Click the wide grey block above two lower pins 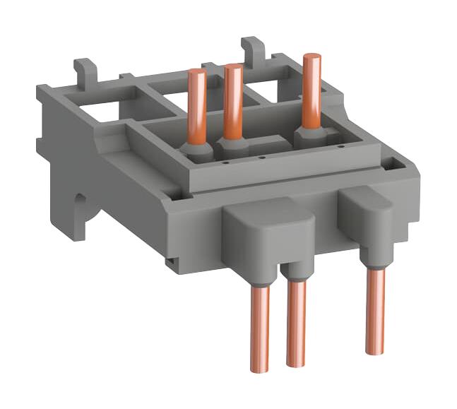268,233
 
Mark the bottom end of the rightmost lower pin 376,350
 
